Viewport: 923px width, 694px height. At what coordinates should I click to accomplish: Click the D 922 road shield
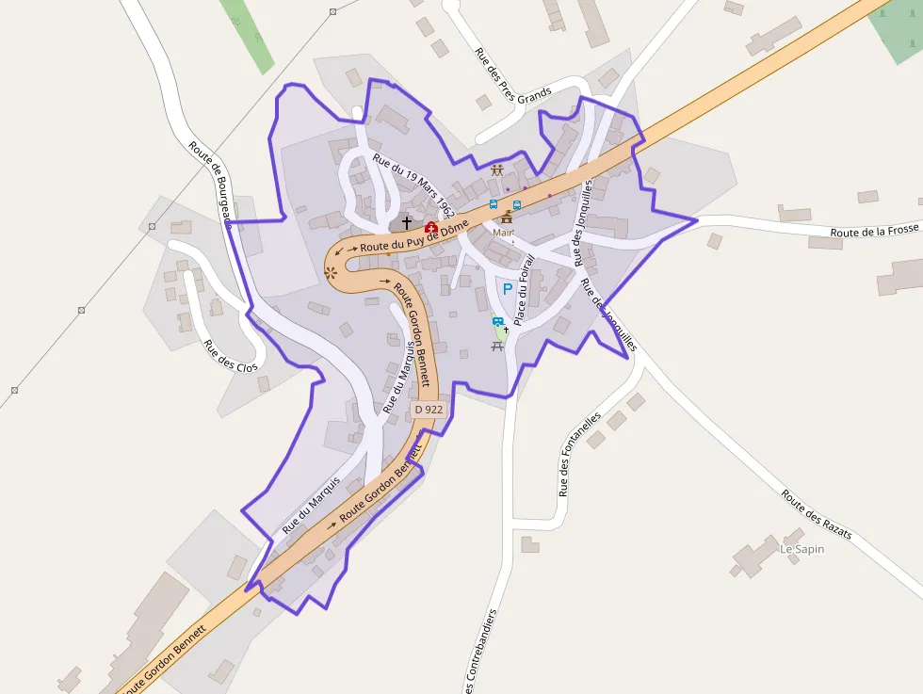(x=429, y=410)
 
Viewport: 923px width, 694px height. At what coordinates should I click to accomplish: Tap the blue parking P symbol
(x=508, y=290)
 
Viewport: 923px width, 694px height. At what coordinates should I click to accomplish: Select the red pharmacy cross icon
(x=430, y=227)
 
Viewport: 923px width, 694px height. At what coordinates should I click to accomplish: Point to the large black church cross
(x=407, y=223)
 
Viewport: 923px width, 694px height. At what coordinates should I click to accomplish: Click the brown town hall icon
(x=507, y=218)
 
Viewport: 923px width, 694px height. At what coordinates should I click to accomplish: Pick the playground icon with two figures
(x=497, y=170)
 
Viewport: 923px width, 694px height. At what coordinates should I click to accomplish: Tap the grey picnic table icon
(x=497, y=346)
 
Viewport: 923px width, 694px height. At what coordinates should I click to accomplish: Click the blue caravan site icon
(x=497, y=322)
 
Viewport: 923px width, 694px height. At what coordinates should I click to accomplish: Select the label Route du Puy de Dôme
(x=414, y=234)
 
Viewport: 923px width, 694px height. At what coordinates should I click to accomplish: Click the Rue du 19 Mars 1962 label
(x=413, y=186)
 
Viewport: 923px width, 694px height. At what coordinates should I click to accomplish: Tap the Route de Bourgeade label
(x=209, y=184)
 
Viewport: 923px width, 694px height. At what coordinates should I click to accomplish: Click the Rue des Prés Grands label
(x=512, y=77)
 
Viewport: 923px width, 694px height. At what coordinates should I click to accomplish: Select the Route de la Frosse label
(x=873, y=231)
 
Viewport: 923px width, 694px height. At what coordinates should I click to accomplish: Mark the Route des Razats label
(x=816, y=514)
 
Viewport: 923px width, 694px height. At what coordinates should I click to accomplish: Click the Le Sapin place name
(x=802, y=549)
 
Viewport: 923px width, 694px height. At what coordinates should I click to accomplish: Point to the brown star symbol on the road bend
(x=331, y=272)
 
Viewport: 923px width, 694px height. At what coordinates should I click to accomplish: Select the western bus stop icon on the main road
(x=494, y=204)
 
